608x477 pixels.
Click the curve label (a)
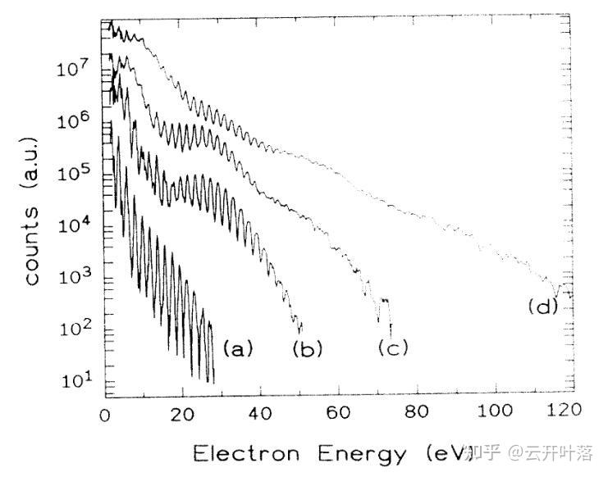pos(237,349)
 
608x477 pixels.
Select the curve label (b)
pos(308,349)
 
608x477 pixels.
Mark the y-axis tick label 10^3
pos(74,278)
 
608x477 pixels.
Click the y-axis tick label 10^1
pos(74,381)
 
